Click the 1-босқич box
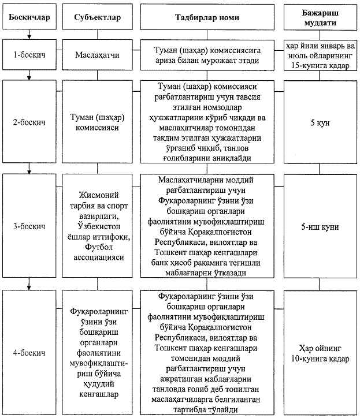pos(29,57)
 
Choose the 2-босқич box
pos(29,122)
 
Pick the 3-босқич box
pos(29,227)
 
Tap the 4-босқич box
pos(29,352)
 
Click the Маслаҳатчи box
pos(97,57)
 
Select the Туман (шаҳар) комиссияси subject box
pos(97,122)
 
